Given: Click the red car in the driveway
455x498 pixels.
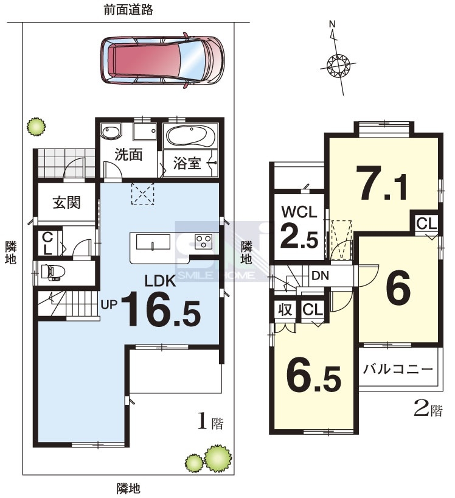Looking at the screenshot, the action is click(x=162, y=60).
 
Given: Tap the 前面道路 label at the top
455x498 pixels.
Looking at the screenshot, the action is click(x=128, y=10).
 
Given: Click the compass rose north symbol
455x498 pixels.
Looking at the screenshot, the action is click(x=338, y=64).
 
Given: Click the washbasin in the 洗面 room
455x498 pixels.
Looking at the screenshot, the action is click(x=111, y=132).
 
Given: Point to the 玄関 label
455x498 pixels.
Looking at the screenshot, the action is click(x=67, y=202).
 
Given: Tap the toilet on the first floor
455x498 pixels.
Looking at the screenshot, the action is click(x=53, y=273).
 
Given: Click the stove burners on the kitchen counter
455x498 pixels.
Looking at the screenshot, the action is click(x=204, y=240).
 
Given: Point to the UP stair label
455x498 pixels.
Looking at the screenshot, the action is click(x=109, y=304).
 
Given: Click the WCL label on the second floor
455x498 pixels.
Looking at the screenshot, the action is click(x=299, y=212).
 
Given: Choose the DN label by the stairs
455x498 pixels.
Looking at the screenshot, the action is click(x=320, y=276).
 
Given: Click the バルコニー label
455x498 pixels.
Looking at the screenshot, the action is click(x=398, y=369).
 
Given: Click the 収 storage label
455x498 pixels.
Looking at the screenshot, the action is click(x=285, y=309).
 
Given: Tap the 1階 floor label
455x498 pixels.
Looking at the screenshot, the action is click(x=210, y=421).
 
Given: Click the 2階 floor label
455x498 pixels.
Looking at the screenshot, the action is click(x=428, y=409).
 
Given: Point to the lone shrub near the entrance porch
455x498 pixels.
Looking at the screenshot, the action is click(x=36, y=126).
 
